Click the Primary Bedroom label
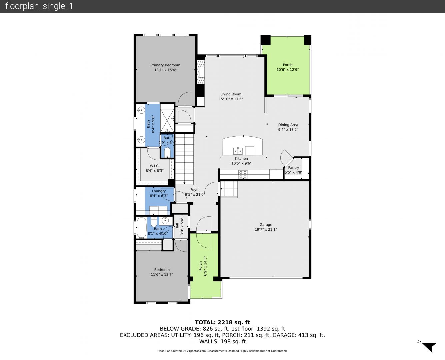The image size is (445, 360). (165, 65)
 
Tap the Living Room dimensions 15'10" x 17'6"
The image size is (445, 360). (231, 99)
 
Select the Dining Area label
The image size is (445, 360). (288, 125)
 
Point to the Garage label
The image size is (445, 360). (266, 225)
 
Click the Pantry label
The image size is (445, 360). (294, 168)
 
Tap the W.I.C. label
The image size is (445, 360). (155, 166)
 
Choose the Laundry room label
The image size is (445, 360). (159, 191)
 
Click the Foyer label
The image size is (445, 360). (195, 190)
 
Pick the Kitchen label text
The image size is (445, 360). (241, 159)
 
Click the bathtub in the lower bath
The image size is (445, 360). (142, 228)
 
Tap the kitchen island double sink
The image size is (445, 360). (238, 151)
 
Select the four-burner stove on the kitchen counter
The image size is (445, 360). (243, 174)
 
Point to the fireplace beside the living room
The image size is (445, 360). (200, 72)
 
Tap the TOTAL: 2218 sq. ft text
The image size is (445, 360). (222, 322)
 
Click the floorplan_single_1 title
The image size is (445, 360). (39, 6)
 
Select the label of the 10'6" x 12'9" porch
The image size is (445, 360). (287, 65)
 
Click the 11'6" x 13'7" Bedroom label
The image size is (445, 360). (162, 270)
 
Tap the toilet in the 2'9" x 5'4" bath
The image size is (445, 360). (167, 152)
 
